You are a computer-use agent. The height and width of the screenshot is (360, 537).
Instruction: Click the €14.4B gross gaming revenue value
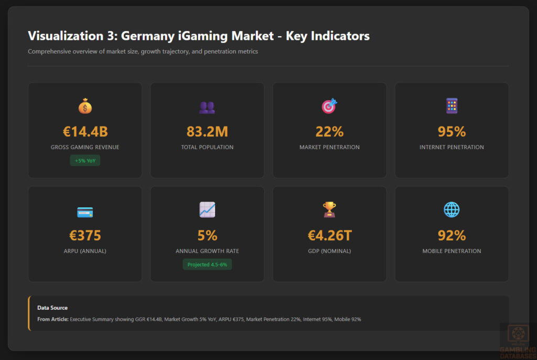pos(85,132)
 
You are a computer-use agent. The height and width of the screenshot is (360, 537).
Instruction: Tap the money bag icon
pos(85,107)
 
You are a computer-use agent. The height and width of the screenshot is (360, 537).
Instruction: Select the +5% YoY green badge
pos(85,161)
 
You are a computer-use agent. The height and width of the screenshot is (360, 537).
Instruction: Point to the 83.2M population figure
pos(207,132)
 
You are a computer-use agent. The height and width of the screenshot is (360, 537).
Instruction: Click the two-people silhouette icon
pos(207,107)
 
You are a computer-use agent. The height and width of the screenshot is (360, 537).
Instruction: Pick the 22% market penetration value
pos(329,132)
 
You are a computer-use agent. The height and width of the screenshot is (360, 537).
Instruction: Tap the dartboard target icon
pos(329,107)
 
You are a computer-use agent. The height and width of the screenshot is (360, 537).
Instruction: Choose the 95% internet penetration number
pos(452,132)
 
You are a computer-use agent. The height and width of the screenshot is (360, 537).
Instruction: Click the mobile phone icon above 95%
pos(452,106)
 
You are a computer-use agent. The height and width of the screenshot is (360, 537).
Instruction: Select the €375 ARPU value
pos(85,236)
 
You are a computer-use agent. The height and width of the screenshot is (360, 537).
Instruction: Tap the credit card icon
pos(85,212)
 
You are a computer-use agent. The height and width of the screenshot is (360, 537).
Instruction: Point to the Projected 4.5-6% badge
pos(207,264)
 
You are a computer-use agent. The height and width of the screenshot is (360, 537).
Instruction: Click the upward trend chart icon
pos(207,210)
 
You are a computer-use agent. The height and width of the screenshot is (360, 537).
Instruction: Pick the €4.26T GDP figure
pos(329,236)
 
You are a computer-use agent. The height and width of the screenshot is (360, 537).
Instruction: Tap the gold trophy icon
pos(329,210)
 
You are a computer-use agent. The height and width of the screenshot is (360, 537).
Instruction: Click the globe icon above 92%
pos(452,210)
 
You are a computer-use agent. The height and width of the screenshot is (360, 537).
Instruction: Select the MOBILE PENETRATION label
pos(452,251)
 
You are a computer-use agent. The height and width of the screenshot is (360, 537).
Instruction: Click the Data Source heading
pos(52,308)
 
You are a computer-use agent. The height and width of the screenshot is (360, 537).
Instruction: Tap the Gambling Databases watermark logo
pos(518,341)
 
